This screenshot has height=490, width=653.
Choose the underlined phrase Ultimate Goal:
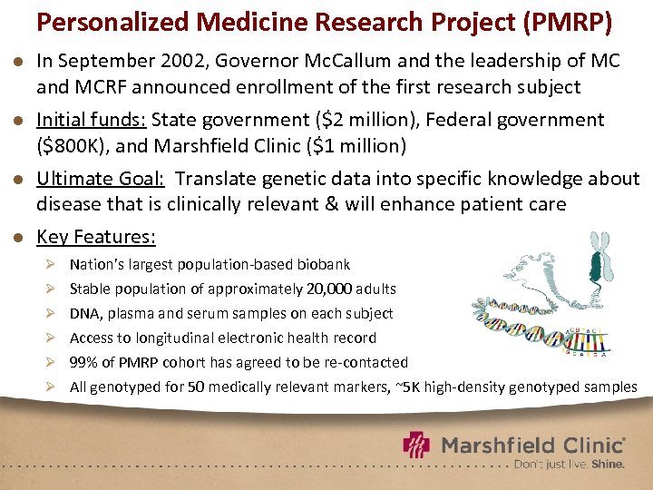point(101,179)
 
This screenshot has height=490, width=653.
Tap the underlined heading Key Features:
point(95,238)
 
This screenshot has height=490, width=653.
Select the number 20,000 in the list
point(336,289)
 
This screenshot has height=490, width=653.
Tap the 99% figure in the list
point(84,362)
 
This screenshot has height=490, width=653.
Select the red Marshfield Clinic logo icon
point(417,446)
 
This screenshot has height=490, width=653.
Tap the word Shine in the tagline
point(608,464)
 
